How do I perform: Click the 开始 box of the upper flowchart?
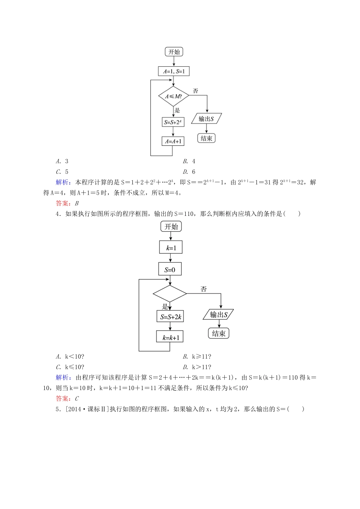pos(174,52)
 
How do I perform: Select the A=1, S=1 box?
pos(174,71)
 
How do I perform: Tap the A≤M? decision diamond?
pos(174,96)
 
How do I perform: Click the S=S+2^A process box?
pos(173,122)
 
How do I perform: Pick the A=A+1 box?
pos(173,141)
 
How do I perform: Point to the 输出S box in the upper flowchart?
pos(206,119)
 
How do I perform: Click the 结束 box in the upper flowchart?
pos(206,138)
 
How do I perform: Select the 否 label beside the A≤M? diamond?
pos(196,91)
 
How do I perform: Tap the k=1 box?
pos(171,248)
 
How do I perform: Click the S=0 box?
pos(170,270)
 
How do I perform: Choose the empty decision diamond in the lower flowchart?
pos(170,294)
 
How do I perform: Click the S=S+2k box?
pos(170,317)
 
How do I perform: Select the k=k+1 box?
pos(170,337)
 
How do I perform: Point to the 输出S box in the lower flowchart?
pos(219,315)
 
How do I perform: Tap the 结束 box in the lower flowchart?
pos(219,333)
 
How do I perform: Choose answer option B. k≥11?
pos(197,356)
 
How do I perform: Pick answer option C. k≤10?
pos(70,367)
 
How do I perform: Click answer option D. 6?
pos(189,172)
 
